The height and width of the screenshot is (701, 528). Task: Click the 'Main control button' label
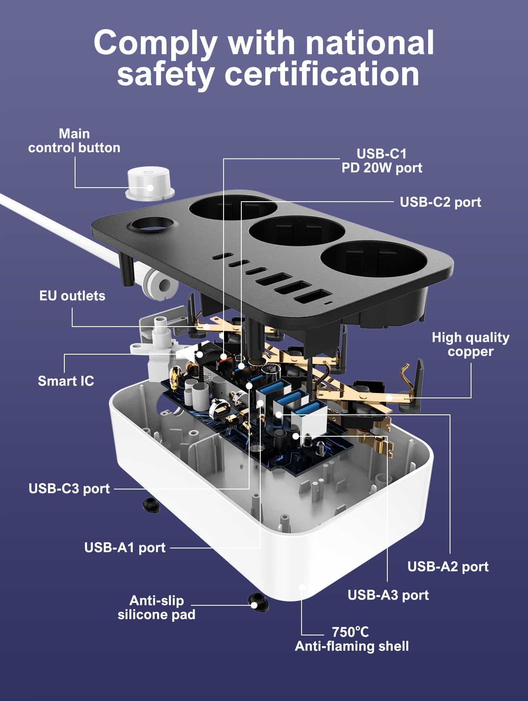pyautogui.click(x=74, y=141)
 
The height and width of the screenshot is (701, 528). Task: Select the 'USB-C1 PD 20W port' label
pyautogui.click(x=382, y=161)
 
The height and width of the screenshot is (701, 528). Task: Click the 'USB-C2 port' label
pyautogui.click(x=440, y=202)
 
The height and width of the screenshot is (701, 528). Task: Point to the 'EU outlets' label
pyautogui.click(x=72, y=296)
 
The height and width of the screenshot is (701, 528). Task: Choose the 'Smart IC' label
pyautogui.click(x=66, y=381)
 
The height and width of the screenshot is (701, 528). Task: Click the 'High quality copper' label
pyautogui.click(x=470, y=344)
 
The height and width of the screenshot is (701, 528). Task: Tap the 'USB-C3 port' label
pyautogui.click(x=69, y=489)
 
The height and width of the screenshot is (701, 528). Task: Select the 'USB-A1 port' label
pyautogui.click(x=125, y=548)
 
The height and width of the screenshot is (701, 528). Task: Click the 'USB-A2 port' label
pyautogui.click(x=448, y=567)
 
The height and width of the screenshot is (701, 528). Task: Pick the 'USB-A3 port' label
pyautogui.click(x=388, y=595)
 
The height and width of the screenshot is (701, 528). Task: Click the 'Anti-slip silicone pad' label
pyautogui.click(x=156, y=607)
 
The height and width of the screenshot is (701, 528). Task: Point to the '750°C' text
pyautogui.click(x=350, y=632)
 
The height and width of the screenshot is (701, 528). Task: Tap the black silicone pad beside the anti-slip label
pyautogui.click(x=258, y=603)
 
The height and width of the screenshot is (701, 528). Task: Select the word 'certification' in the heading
pyautogui.click(x=322, y=74)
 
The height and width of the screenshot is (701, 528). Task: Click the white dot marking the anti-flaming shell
pyautogui.click(x=302, y=587)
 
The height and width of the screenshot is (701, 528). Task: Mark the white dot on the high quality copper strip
pyautogui.click(x=389, y=398)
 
